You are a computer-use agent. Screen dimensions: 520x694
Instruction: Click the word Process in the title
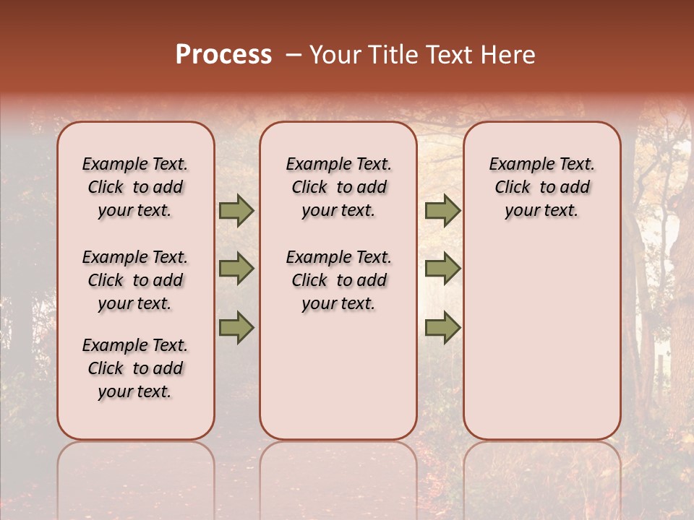[x=223, y=55]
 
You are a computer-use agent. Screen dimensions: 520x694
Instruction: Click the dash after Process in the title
[x=293, y=56]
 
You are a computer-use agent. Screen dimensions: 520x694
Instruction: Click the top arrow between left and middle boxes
[x=236, y=211]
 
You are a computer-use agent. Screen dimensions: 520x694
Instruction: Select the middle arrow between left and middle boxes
[x=236, y=269]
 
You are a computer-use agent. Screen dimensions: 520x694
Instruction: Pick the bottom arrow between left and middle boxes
[x=236, y=328]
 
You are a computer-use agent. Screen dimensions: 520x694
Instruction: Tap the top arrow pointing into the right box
[x=442, y=211]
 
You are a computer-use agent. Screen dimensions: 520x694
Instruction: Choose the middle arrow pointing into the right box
[x=442, y=269]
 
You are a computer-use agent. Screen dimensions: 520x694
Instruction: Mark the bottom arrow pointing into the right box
[x=442, y=328]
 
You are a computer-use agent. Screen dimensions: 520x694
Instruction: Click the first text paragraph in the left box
[x=135, y=187]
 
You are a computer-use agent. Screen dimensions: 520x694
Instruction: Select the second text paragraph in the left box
[x=135, y=280]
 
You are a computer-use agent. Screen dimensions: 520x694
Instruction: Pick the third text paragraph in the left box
[x=135, y=368]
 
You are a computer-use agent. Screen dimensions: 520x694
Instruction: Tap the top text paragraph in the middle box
[x=338, y=187]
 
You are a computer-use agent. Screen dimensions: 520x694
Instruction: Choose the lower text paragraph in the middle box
[x=338, y=280]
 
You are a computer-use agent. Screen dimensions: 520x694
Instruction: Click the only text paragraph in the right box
[x=541, y=187]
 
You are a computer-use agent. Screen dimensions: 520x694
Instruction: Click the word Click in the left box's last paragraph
[x=106, y=368]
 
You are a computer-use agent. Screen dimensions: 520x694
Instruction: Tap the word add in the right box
[x=575, y=188]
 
